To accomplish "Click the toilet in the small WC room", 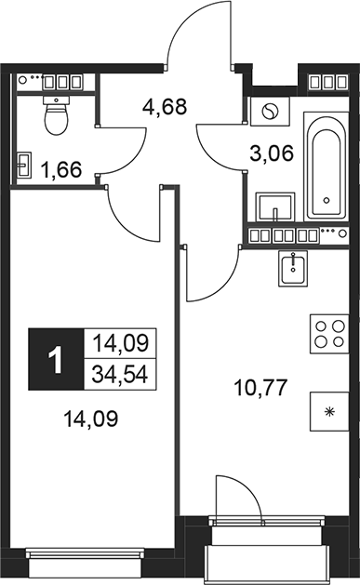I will coord(59,116).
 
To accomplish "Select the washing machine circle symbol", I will coord(272,112).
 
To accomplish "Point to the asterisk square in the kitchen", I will coord(327,410).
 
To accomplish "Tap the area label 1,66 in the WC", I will coord(61,168).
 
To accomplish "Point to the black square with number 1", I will coord(58,360).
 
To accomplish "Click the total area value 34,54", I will coord(120,375).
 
